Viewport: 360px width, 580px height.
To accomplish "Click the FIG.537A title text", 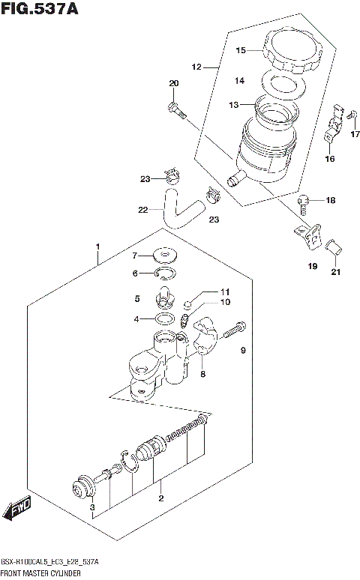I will click(39, 9).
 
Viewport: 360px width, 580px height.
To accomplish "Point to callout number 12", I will click(197, 67).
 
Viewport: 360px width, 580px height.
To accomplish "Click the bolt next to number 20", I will click(177, 109).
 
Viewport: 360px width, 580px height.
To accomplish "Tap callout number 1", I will click(97, 247).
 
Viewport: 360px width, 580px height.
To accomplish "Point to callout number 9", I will click(243, 350).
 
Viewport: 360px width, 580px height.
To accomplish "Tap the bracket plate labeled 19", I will click(308, 234).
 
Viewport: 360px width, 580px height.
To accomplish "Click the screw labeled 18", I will click(301, 200).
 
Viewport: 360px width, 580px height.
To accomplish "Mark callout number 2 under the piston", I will click(160, 498).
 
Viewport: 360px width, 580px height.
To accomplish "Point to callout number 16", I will click(329, 159).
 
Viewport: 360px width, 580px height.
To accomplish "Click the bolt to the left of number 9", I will click(237, 327).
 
